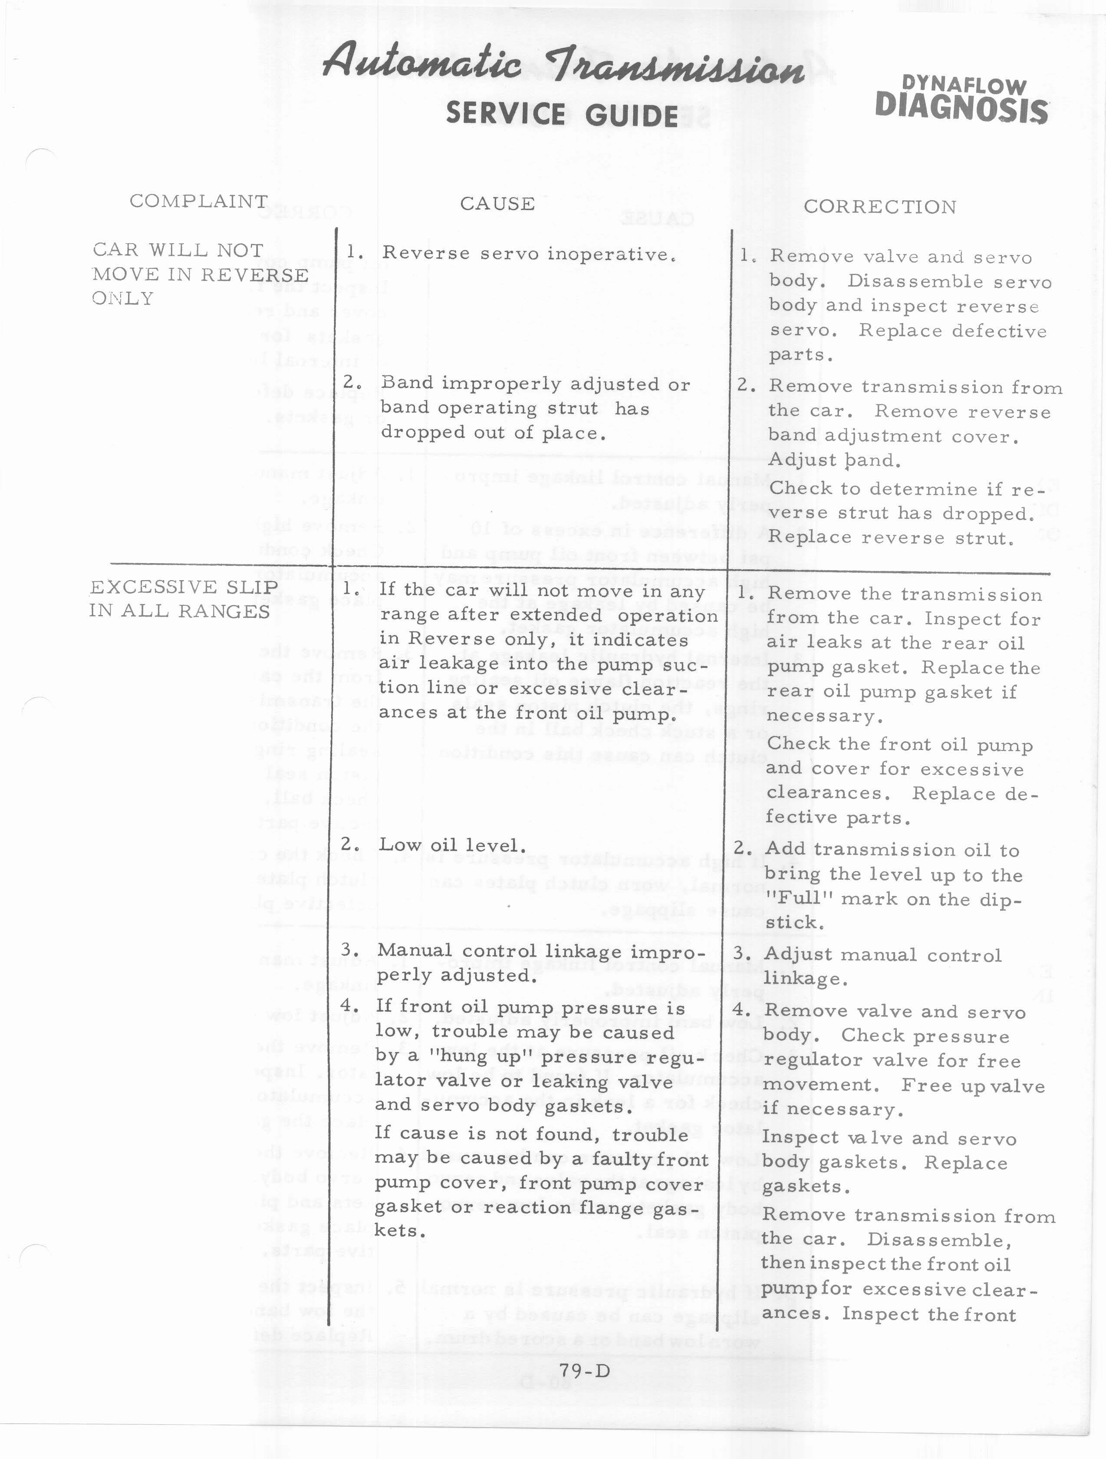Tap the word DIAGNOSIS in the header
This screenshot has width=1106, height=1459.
[961, 109]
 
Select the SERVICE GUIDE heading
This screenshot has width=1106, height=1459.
[562, 115]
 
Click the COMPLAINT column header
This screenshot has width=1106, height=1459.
[198, 201]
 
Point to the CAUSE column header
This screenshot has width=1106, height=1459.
[497, 204]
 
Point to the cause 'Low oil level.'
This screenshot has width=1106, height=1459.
[452, 845]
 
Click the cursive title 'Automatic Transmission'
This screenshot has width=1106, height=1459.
[564, 66]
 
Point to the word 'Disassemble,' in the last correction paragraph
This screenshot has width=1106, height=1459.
[939, 1239]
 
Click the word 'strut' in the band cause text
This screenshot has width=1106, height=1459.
[576, 408]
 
